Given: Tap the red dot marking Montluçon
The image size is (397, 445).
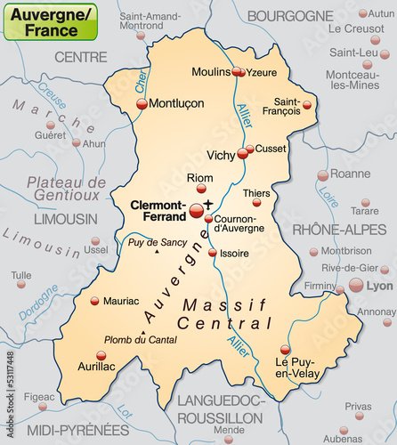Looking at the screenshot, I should pyautogui.click(x=142, y=104).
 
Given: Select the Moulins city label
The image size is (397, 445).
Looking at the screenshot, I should pyautogui.click(x=211, y=71).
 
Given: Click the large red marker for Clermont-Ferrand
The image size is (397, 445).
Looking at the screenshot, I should pyautogui.click(x=197, y=210).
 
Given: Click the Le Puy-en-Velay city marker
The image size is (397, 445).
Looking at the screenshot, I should pyautogui.click(x=285, y=350).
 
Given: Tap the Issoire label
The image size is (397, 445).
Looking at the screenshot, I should pyautogui.click(x=234, y=253).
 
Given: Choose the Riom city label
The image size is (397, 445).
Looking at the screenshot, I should pyautogui.click(x=199, y=178).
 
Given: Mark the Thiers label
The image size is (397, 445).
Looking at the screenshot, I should pyautogui.click(x=256, y=193).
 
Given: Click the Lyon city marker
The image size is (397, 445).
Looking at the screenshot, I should pyautogui.click(x=356, y=285).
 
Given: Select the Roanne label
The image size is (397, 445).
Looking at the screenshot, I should pyautogui.click(x=349, y=174).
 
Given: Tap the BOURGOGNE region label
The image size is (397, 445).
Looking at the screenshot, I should pyautogui.click(x=289, y=15).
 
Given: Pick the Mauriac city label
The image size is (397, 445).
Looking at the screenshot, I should pyautogui.click(x=121, y=301).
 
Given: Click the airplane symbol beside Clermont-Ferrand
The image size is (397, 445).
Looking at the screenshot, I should pyautogui.click(x=209, y=204).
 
